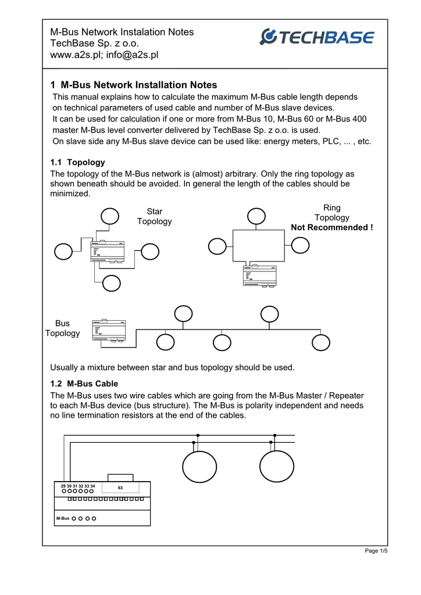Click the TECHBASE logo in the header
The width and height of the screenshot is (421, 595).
click(317, 37)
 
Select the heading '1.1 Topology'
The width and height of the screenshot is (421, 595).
click(78, 162)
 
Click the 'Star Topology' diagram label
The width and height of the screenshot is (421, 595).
click(154, 216)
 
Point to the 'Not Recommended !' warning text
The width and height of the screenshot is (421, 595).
click(332, 227)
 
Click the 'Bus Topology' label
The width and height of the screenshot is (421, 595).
click(62, 328)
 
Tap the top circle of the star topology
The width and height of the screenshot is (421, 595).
click(109, 216)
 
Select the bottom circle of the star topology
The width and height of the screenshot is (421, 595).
click(112, 283)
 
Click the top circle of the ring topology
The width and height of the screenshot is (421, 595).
click(256, 216)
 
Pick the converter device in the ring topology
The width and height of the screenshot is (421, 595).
click(259, 275)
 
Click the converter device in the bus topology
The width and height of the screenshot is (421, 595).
click(109, 331)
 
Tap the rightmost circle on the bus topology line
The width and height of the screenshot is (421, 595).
click(321, 342)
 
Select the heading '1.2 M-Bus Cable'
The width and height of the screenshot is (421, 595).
click(84, 383)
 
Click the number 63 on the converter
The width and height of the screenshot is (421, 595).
click(120, 488)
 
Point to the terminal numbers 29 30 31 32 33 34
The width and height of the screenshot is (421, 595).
click(77, 486)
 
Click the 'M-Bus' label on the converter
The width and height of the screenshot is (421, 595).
click(63, 518)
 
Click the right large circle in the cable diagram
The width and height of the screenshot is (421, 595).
click(277, 467)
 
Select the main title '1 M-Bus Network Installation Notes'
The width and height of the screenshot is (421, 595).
click(134, 85)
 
